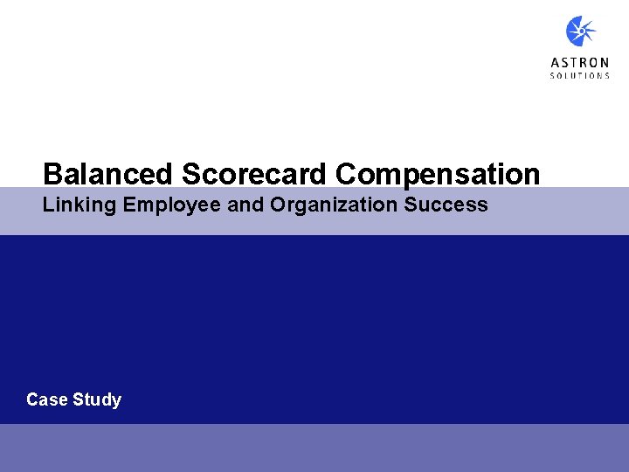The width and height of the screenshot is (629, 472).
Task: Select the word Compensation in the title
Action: pyautogui.click(x=438, y=174)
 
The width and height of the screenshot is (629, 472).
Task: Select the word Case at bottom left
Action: pyautogui.click(x=45, y=399)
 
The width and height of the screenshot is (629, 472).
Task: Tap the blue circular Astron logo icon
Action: pyautogui.click(x=580, y=32)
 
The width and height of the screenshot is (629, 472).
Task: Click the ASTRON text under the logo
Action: pyautogui.click(x=580, y=63)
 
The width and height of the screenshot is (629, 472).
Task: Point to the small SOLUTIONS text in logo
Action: pyautogui.click(x=580, y=76)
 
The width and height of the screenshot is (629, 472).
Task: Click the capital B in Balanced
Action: pyautogui.click(x=52, y=174)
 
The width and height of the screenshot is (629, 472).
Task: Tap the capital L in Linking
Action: pyautogui.click(x=48, y=205)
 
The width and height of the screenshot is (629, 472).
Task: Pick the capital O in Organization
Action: pyautogui.click(x=279, y=205)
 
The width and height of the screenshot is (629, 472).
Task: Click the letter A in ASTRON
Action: pyautogui.click(x=555, y=63)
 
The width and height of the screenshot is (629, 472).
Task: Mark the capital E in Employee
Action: pyautogui.click(x=129, y=205)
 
